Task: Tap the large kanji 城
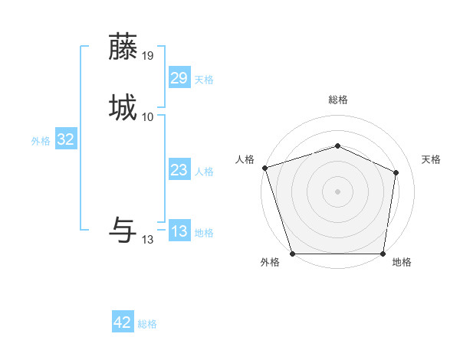[123, 106]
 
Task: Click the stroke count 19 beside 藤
[148, 55]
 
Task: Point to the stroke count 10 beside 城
[148, 116]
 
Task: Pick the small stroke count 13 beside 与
[148, 239]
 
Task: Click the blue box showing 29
[179, 78]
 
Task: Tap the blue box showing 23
[179, 170]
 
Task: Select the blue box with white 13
[179, 231]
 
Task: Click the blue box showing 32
[66, 139]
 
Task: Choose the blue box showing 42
[123, 322]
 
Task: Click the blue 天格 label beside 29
[204, 80]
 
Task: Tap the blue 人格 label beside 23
[204, 172]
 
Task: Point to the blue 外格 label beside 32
[41, 141]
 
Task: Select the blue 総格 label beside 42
[147, 324]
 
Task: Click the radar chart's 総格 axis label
[337, 100]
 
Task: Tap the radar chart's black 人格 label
[245, 159]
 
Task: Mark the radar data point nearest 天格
[396, 172]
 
